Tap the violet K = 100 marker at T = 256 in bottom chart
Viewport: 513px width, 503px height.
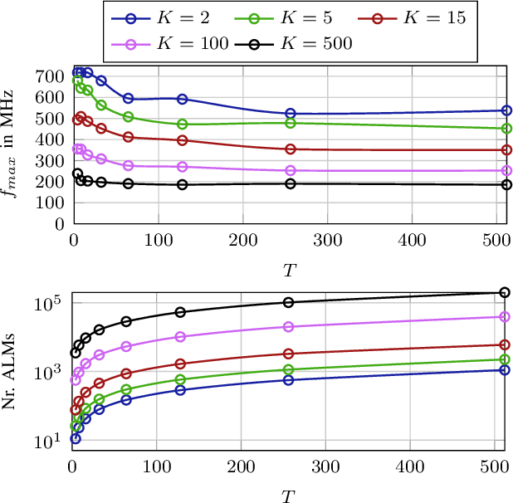click(289, 327)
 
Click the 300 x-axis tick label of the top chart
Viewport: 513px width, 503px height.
click(325, 239)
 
